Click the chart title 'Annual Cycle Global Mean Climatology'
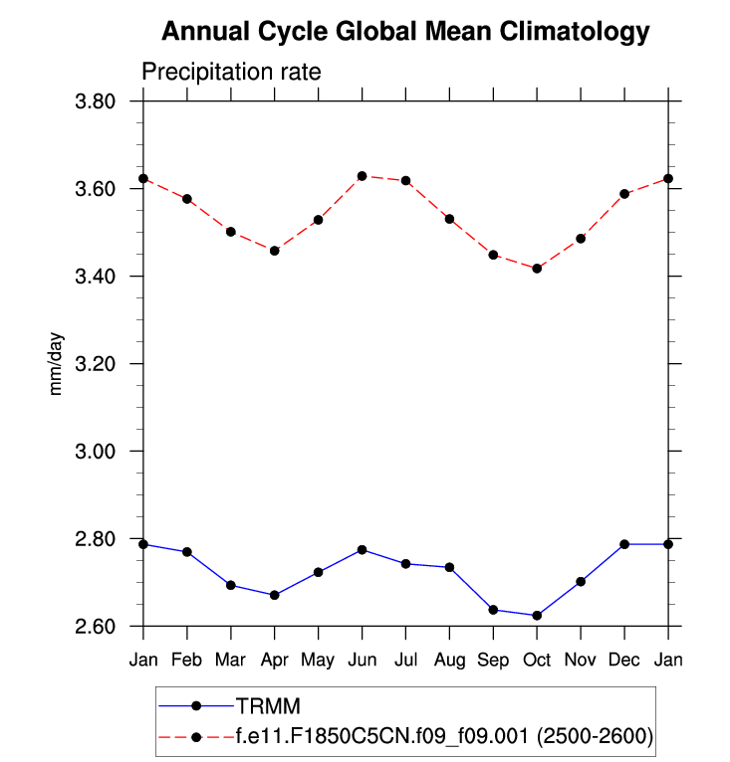pos(404,32)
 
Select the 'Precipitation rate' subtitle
pos(230,73)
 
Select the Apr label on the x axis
pos(275,661)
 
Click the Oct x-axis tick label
pos(537,661)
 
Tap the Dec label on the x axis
pos(624,661)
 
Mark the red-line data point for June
pos(362,176)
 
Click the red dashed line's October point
pos(537,269)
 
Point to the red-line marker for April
pos(275,251)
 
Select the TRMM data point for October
pos(537,616)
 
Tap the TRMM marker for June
pos(362,550)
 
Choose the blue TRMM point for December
pos(624,544)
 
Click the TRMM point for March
pos(231,585)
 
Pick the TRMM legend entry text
pos(268,706)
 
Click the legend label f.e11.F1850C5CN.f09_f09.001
pos(444,736)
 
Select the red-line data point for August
pos(449,219)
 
